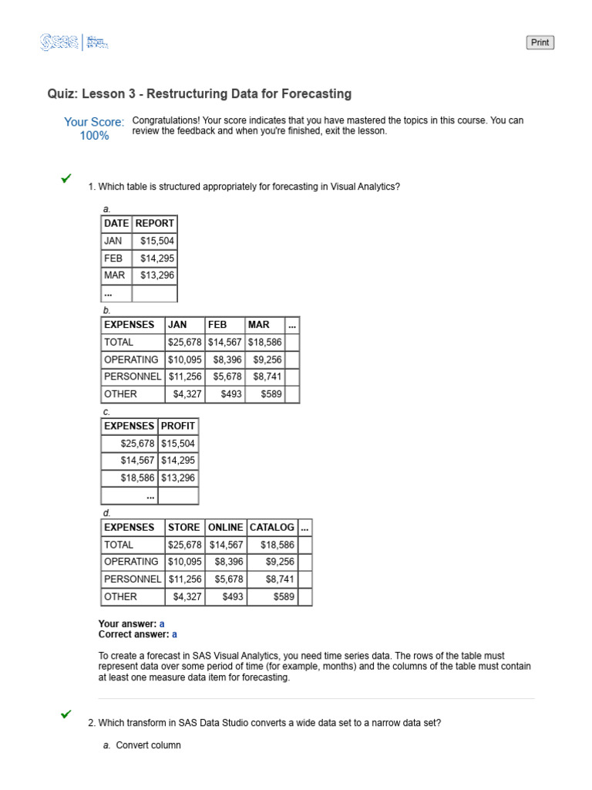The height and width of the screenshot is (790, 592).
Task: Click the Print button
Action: [x=540, y=42]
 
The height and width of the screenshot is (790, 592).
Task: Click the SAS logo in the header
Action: [x=60, y=42]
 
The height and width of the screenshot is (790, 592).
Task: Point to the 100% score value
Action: [x=94, y=136]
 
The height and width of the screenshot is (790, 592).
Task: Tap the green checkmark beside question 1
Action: [x=66, y=178]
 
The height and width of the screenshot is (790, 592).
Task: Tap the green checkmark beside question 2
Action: [x=66, y=714]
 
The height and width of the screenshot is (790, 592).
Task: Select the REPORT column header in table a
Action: [x=155, y=223]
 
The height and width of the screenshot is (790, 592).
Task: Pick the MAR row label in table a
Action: [x=114, y=275]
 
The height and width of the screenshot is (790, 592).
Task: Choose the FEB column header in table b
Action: [x=217, y=325]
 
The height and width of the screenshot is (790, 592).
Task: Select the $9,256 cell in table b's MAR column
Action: [x=267, y=360]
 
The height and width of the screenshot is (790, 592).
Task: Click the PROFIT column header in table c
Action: [x=178, y=426]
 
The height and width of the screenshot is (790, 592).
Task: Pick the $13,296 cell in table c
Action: [x=178, y=478]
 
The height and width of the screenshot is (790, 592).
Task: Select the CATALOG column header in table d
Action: [x=271, y=527]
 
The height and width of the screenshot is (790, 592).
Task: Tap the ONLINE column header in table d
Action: [x=225, y=527]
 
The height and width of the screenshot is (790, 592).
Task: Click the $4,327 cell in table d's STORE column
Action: [x=186, y=596]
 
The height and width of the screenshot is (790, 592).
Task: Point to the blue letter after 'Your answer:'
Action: [x=162, y=623]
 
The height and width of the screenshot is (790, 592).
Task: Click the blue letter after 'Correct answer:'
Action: [x=174, y=634]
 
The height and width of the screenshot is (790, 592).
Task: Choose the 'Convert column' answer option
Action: [x=148, y=745]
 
